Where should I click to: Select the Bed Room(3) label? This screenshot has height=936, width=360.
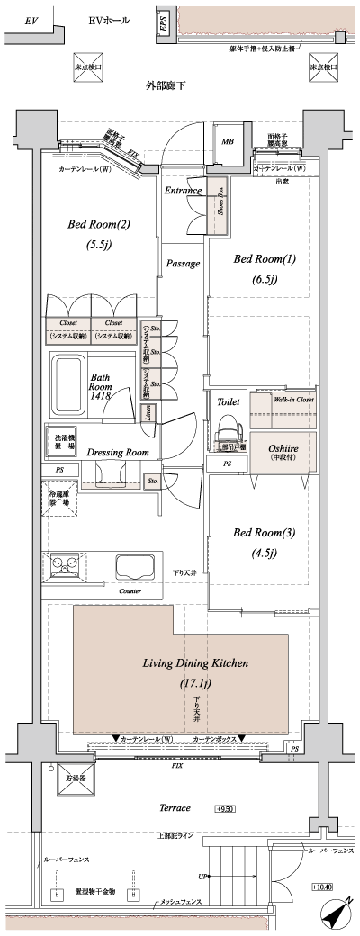tap(257, 533)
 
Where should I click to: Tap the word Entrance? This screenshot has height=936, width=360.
tap(183, 191)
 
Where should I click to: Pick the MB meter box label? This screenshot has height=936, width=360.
tap(227, 142)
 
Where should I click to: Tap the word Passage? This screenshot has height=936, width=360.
tap(183, 263)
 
